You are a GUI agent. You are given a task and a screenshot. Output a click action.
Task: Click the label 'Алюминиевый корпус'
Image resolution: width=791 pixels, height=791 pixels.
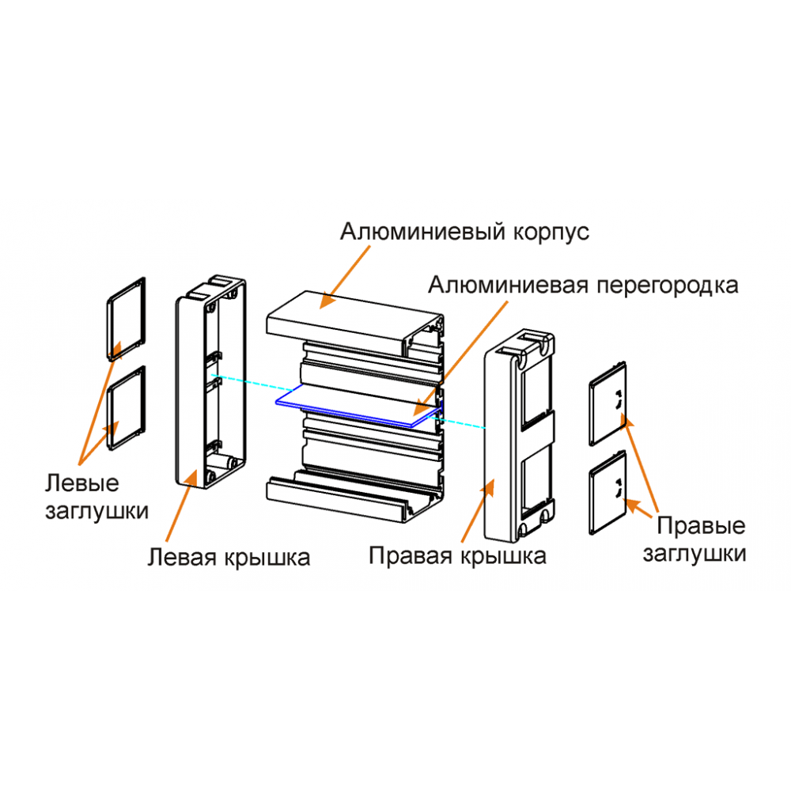tap(464, 232)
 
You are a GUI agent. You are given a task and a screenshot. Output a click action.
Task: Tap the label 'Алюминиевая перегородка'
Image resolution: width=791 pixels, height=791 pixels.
tap(583, 286)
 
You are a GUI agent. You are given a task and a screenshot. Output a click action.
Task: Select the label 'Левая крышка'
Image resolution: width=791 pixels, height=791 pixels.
tap(229, 558)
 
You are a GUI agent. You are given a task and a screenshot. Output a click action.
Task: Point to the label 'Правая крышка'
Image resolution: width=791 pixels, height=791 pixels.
tap(457, 556)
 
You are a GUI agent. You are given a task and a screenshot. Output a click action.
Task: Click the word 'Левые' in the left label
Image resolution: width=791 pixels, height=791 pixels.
tap(82, 483)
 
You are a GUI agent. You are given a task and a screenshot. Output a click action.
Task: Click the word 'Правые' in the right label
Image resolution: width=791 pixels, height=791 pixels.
tap(701, 526)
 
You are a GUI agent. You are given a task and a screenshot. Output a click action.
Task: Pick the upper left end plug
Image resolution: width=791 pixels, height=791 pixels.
tap(126, 319)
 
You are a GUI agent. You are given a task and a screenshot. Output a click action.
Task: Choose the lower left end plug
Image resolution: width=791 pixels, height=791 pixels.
tap(126, 407)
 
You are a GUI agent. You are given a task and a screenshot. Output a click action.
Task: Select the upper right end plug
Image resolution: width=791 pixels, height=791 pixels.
tap(608, 403)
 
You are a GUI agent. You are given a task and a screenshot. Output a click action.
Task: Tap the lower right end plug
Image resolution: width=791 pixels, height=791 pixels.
tap(608, 492)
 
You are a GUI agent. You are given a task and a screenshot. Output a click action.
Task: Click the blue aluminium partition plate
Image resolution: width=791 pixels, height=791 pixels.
tap(359, 406)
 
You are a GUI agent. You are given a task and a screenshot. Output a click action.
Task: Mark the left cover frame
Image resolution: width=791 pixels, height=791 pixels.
tap(211, 382)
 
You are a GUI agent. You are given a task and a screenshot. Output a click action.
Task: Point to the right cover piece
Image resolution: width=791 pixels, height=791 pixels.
tap(520, 437)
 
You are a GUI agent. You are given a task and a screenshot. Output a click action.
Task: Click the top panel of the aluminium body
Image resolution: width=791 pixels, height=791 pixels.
tap(354, 322)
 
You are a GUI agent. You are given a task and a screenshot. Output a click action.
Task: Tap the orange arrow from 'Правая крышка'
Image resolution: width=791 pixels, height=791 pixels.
tap(478, 510)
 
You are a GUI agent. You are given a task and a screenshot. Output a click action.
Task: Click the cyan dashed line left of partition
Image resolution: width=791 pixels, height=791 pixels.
tap(253, 383)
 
